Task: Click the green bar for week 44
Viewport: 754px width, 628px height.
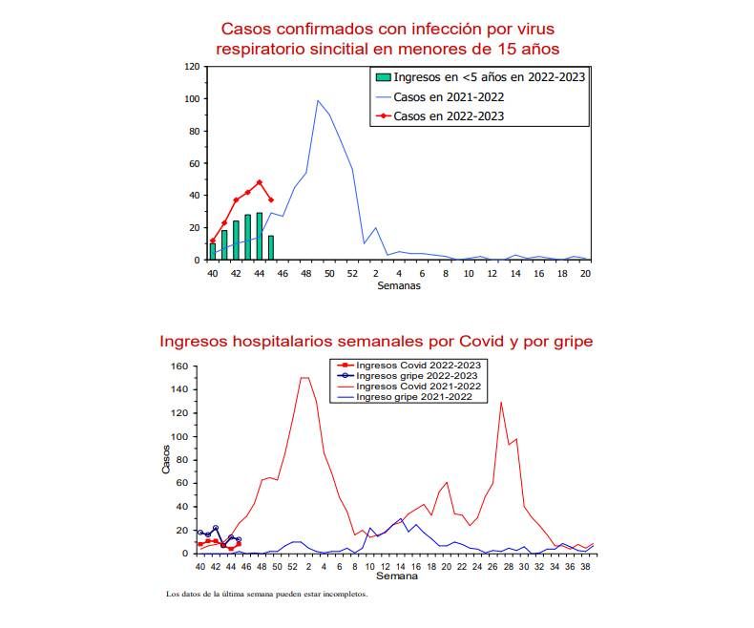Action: point(259,237)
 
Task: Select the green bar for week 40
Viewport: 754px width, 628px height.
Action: point(213,252)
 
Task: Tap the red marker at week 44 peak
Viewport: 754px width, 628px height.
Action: point(259,182)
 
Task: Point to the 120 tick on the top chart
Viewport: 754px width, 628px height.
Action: point(192,67)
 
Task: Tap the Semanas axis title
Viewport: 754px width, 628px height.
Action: point(397,285)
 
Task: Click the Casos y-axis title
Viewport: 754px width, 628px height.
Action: point(165,460)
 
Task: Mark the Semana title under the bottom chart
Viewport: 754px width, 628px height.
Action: point(396,576)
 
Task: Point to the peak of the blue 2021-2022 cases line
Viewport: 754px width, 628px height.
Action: point(318,100)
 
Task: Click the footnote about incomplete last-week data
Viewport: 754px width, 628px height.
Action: point(266,594)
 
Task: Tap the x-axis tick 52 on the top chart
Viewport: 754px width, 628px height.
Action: point(352,274)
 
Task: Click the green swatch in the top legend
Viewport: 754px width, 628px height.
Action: point(383,77)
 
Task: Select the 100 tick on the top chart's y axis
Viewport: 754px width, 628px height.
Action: point(192,99)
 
